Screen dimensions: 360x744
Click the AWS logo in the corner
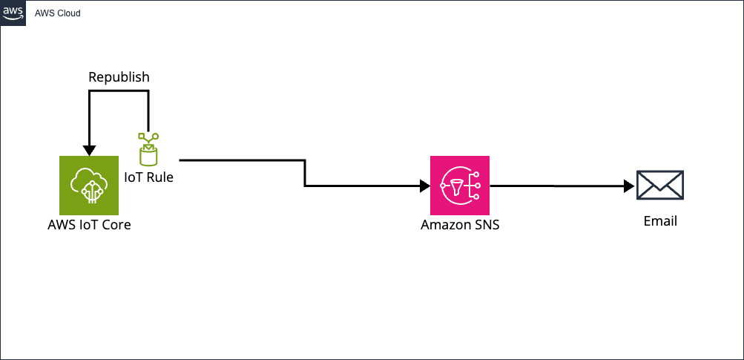click(x=13, y=13)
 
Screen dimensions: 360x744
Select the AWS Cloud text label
click(x=58, y=13)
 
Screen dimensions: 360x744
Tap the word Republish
click(x=119, y=77)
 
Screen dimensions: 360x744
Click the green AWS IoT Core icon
click(x=89, y=185)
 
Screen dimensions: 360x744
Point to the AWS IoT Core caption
click(x=89, y=224)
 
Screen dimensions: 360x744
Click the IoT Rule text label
click(x=148, y=177)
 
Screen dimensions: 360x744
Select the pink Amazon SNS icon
click(x=460, y=185)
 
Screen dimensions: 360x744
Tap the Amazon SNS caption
click(x=460, y=224)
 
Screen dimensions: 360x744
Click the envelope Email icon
click(x=660, y=185)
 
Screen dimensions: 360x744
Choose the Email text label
click(x=660, y=220)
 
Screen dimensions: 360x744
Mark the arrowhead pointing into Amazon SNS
click(x=425, y=186)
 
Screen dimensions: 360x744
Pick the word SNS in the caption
click(x=486, y=224)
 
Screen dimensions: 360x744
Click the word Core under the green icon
click(x=116, y=224)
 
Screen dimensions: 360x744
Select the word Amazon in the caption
click(x=445, y=224)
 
